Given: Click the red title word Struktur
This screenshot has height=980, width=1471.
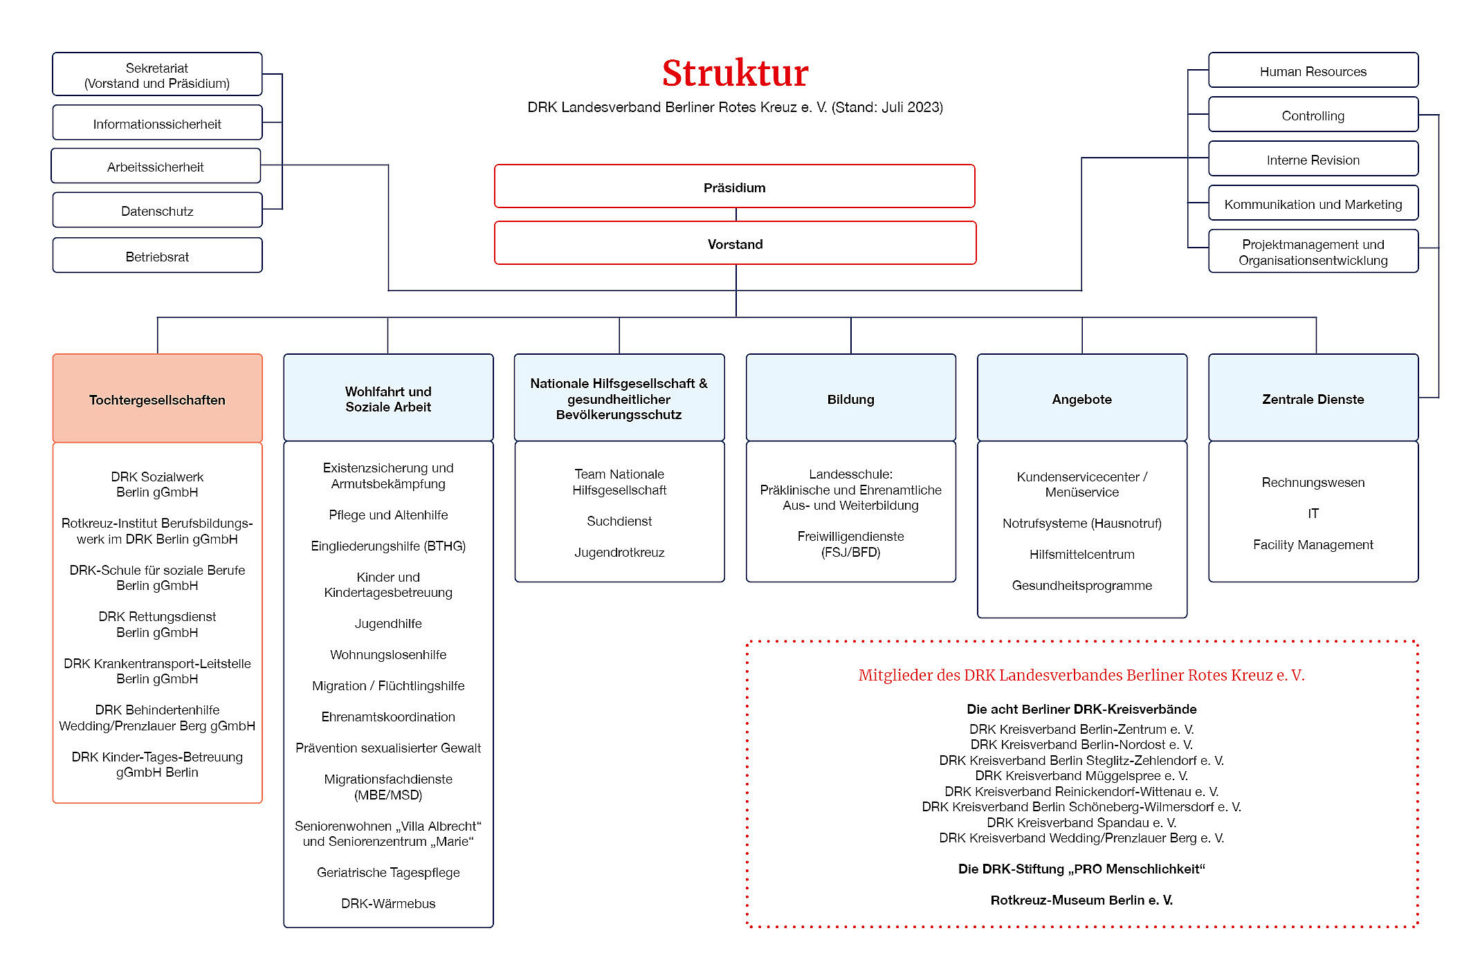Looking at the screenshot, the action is point(735,73).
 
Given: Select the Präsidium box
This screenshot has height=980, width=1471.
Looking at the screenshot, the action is point(735,186).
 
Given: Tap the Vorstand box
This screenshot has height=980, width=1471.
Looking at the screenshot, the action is point(735,243).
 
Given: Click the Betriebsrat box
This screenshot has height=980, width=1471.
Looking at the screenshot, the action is point(157,256).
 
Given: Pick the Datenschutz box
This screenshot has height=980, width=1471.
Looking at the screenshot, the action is point(157,210).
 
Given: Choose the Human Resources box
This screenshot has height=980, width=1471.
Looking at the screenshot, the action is point(1313,71).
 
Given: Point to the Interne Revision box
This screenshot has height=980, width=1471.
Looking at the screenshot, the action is point(1313,159).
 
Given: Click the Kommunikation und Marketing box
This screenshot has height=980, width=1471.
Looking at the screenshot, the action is point(1313,203).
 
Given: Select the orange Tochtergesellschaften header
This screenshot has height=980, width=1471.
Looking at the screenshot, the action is point(157,398).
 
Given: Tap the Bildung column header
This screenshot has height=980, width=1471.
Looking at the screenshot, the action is point(850,398).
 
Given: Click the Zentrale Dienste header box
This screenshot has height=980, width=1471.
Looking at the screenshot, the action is point(1313,398).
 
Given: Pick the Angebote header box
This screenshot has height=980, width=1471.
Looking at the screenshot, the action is point(1082,398).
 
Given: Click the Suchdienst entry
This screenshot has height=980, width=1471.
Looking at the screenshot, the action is point(619,521).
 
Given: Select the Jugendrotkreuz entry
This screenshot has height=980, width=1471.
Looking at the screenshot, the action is point(619,552).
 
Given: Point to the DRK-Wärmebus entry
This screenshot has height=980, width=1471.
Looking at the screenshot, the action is point(388,903).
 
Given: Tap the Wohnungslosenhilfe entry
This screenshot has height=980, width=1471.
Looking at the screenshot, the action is point(388,654).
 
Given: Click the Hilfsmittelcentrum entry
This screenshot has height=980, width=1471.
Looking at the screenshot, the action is point(1082,554).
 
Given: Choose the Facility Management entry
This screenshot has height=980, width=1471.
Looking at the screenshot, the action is point(1313,544).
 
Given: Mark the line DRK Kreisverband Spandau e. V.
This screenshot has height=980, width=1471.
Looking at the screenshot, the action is point(1081,822).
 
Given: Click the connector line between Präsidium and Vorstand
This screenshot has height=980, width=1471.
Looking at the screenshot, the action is point(736,214).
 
